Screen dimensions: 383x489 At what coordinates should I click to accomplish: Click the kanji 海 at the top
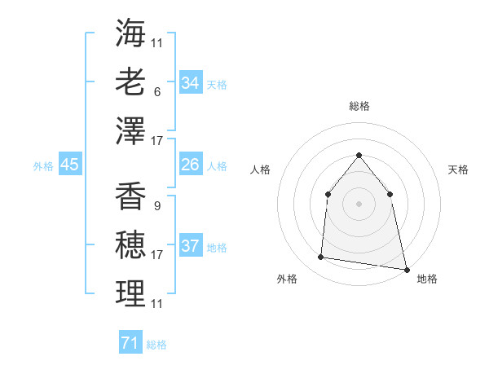(130, 33)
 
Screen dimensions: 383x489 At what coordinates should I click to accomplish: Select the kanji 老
(130, 81)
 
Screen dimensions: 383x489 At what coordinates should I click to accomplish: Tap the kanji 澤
(130, 130)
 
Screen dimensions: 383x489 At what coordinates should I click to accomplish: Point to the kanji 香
(130, 196)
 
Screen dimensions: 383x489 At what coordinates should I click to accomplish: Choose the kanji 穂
(130, 245)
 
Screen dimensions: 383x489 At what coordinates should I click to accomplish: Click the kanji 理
(130, 294)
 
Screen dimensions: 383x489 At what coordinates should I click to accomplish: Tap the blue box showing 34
(191, 83)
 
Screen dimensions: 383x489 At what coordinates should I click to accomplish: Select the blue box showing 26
(191, 165)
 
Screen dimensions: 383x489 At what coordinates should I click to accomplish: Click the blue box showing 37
(191, 246)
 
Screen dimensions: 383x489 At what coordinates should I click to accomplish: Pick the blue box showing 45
(69, 165)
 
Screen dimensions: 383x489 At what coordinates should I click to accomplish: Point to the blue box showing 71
(130, 343)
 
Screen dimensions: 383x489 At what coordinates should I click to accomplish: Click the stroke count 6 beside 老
(156, 92)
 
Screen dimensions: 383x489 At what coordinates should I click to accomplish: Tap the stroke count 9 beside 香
(156, 206)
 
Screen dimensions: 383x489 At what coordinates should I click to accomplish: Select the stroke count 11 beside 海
(157, 42)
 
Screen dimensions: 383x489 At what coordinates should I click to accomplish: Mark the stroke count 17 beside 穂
(157, 255)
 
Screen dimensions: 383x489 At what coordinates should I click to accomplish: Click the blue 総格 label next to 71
(156, 345)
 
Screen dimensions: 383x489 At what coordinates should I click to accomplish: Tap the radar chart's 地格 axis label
(427, 279)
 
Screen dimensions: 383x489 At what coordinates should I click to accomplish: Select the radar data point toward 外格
(321, 258)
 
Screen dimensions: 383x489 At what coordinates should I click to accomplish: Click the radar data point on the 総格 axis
(359, 156)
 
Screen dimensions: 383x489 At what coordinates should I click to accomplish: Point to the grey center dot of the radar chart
(359, 203)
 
